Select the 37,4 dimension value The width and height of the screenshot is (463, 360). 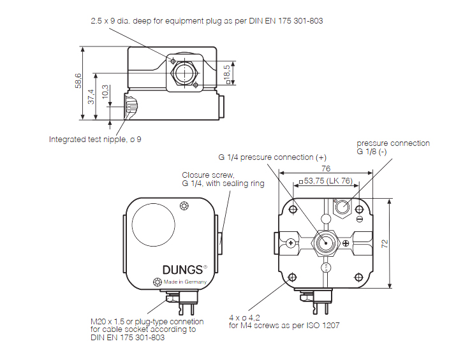pyautogui.click(x=91, y=96)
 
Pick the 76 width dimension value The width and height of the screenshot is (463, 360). pyautogui.click(x=325, y=169)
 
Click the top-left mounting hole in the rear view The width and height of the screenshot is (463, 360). pyautogui.click(x=293, y=209)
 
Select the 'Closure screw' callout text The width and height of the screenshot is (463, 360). pyautogui.click(x=209, y=175)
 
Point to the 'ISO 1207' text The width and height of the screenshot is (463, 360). pyautogui.click(x=325, y=326)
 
